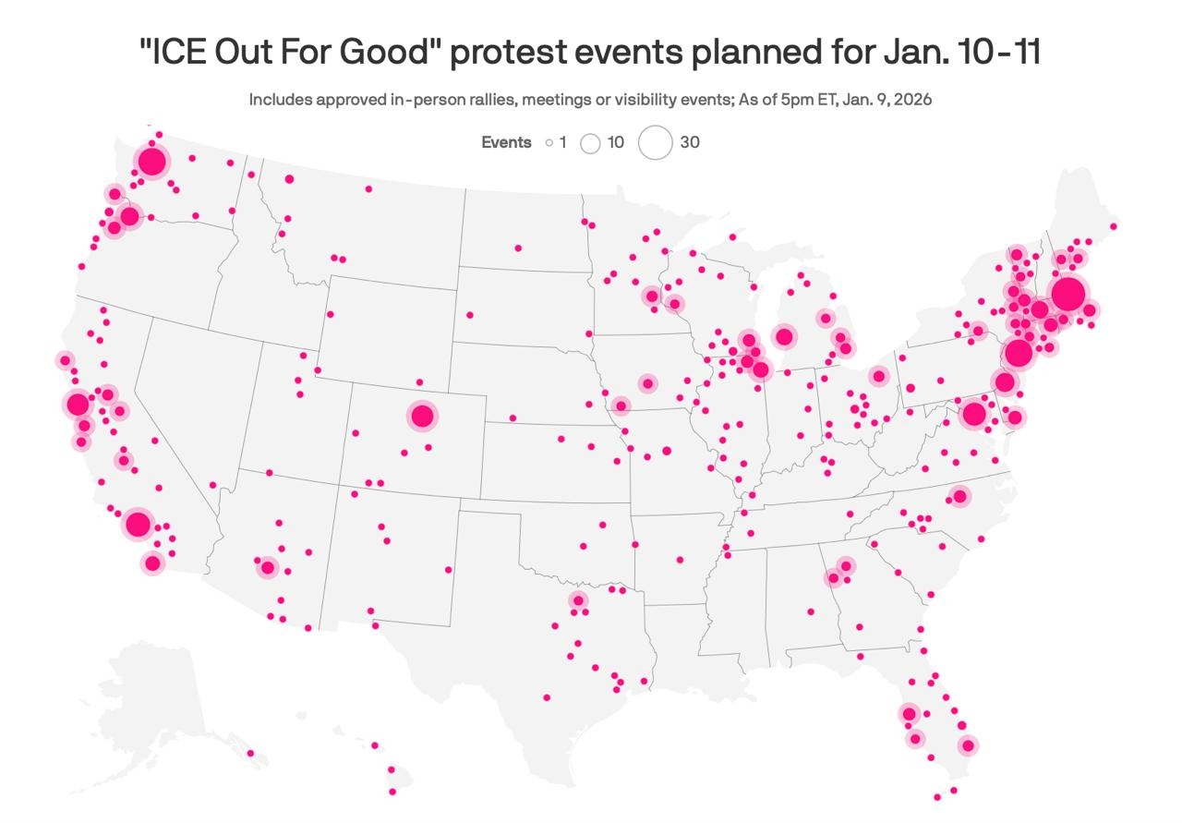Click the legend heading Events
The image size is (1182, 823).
click(506, 142)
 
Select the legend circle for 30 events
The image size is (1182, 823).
click(655, 142)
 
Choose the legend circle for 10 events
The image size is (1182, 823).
click(590, 143)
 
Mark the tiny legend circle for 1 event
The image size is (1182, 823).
click(549, 143)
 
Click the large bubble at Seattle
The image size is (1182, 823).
click(152, 163)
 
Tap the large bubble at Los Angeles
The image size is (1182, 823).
click(139, 525)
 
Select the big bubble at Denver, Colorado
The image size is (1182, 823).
click(422, 416)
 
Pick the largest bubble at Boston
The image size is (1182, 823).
click(1067, 294)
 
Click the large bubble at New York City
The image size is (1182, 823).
click(1019, 353)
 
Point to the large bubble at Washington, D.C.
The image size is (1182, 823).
click(974, 414)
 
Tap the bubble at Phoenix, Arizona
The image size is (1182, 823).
click(268, 567)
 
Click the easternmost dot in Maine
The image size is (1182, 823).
click(1114, 226)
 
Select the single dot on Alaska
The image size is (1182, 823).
click(250, 753)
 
